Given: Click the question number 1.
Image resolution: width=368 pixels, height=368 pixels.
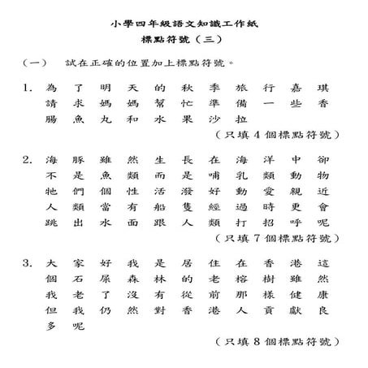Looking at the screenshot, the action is (x=28, y=88).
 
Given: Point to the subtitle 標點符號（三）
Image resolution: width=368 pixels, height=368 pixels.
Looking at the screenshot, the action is (x=184, y=42).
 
